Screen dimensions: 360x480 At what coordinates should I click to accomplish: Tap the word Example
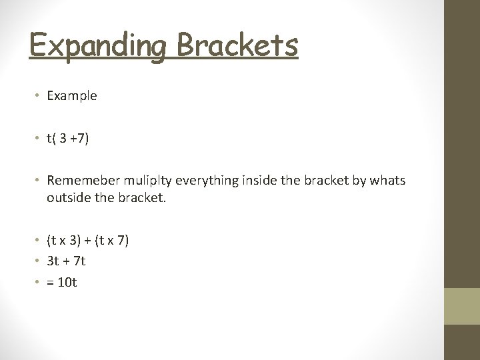click(72, 96)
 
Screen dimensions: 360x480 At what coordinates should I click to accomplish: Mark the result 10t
click(68, 282)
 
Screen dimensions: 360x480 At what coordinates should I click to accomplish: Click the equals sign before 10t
click(51, 283)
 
